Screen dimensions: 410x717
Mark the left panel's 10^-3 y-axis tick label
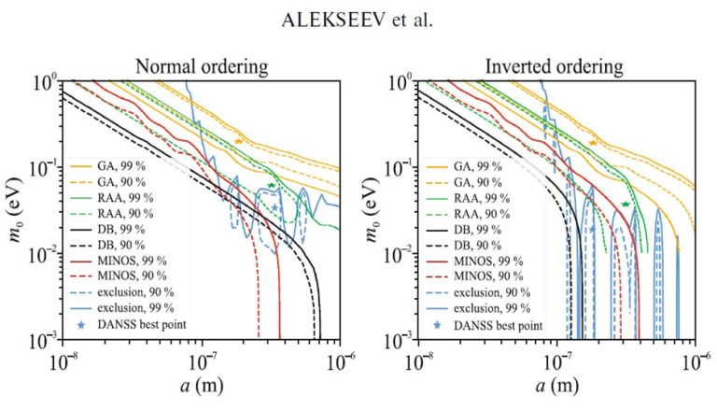click(43, 338)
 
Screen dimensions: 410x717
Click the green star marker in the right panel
click(625, 204)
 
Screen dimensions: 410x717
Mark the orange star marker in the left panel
click(239, 140)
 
